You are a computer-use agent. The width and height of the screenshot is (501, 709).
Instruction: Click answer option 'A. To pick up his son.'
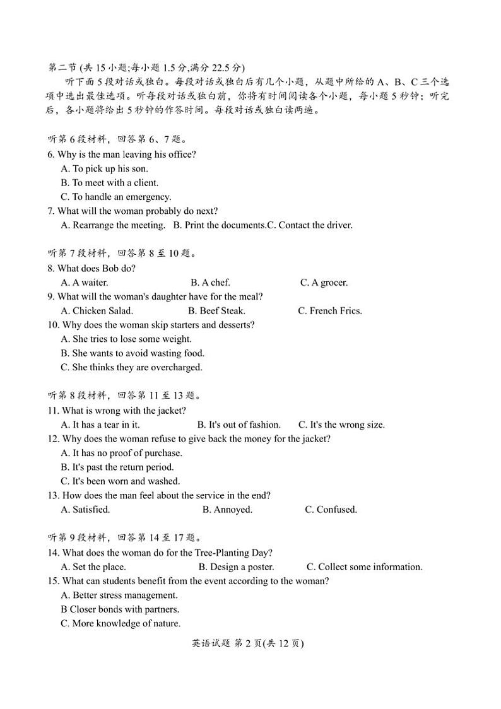104,168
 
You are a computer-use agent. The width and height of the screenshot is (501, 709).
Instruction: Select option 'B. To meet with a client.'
109,183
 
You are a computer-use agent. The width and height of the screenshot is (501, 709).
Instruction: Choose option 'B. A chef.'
210,283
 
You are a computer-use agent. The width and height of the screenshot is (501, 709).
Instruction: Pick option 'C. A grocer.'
324,283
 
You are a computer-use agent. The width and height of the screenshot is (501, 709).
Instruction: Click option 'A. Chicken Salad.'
97,310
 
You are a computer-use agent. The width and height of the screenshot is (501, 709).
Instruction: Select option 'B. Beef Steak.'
216,310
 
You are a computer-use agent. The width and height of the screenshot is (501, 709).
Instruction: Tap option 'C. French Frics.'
329,310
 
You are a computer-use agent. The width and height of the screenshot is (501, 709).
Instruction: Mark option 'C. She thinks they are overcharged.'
131,367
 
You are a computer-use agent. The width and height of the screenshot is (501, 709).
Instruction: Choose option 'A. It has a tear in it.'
100,425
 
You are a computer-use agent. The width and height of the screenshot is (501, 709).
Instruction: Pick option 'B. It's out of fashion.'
239,425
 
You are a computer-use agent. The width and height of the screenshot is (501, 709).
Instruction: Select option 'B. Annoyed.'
227,510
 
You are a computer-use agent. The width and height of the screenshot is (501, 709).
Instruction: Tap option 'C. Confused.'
331,510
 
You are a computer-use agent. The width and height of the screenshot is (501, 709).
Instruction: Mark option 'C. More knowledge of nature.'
121,623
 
